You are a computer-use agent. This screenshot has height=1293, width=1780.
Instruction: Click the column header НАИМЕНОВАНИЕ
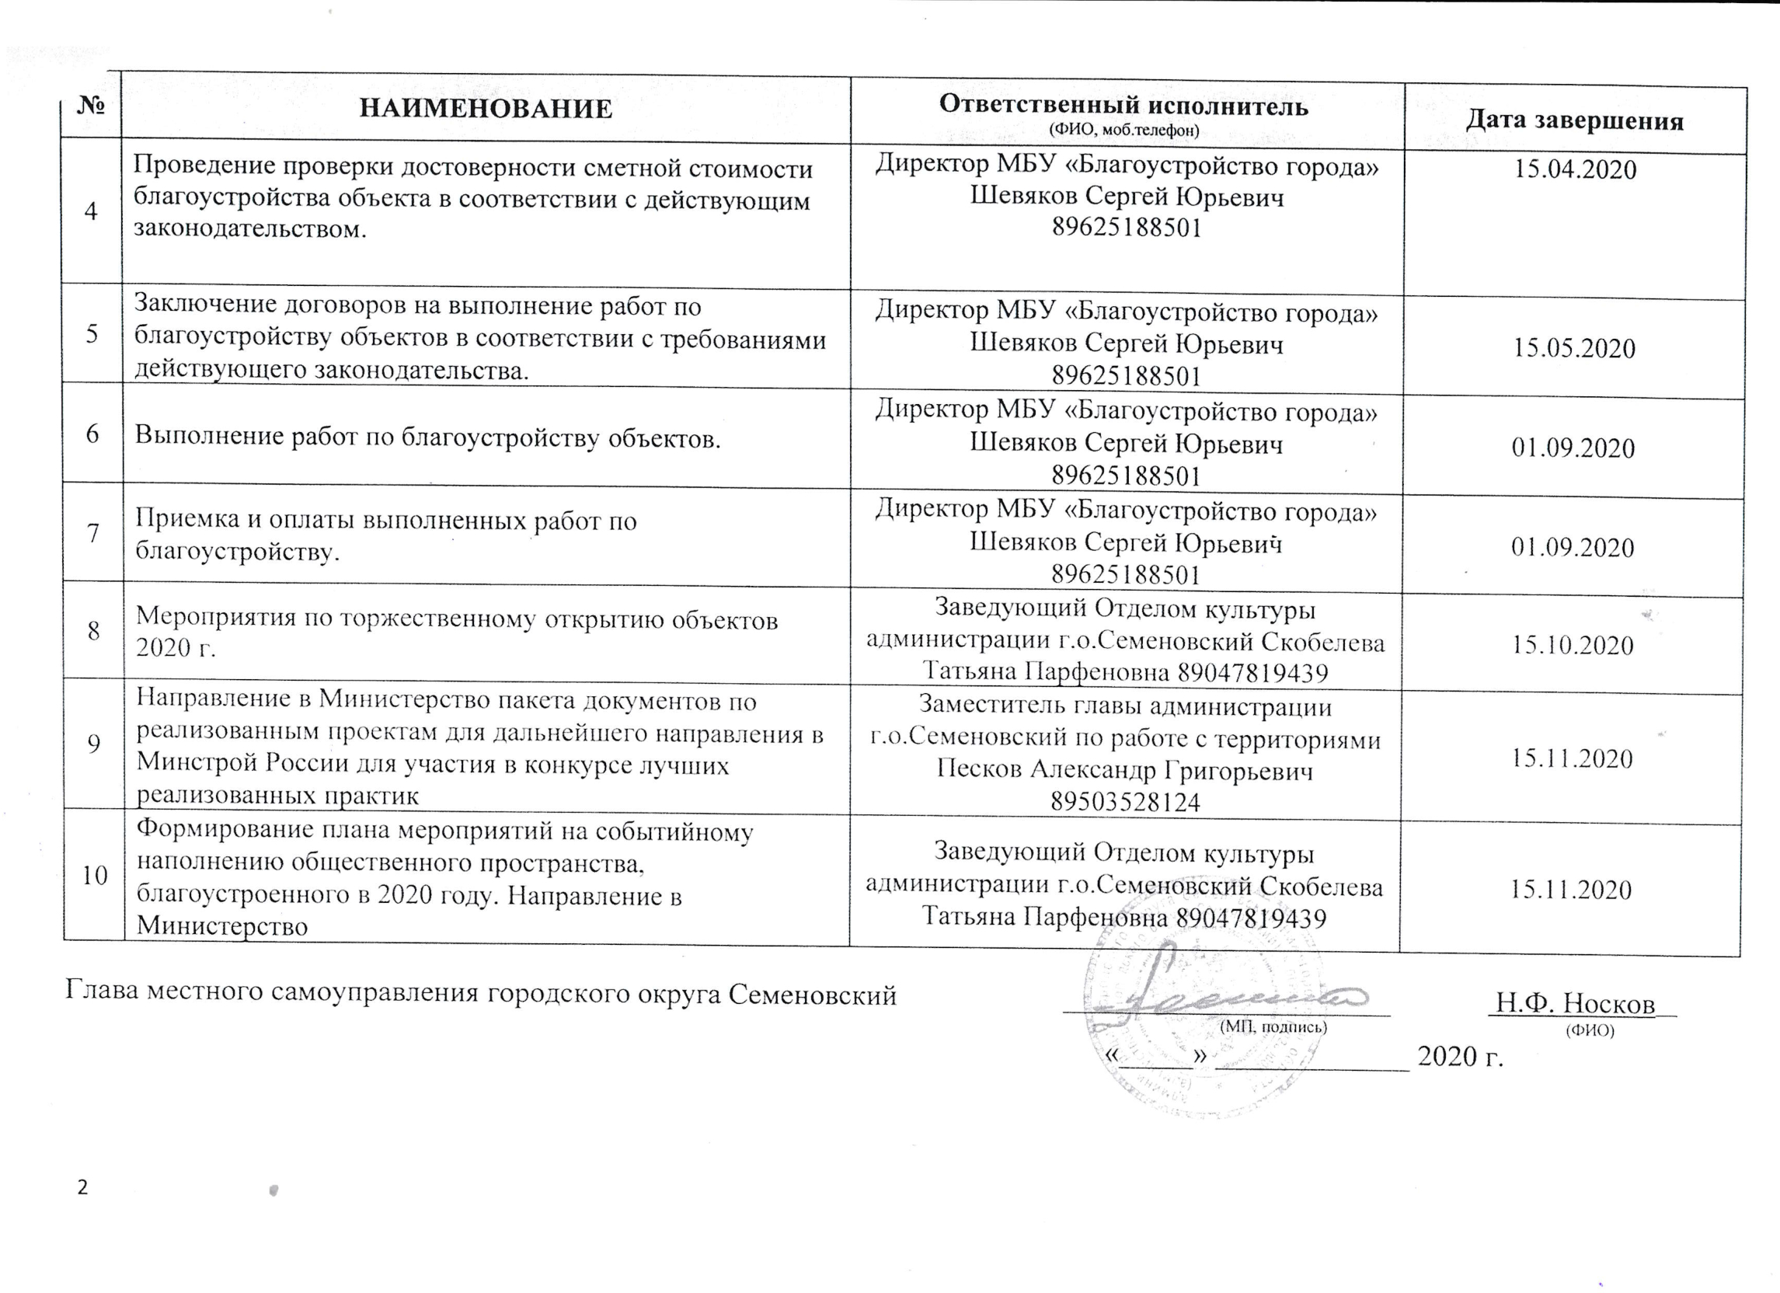click(486, 108)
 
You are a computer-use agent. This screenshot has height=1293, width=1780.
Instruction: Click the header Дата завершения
click(1575, 121)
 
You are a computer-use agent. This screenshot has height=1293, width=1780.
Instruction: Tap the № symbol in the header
click(91, 106)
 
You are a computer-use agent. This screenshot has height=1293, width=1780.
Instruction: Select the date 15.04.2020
click(1574, 169)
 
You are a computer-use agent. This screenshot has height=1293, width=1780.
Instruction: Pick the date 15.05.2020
click(1573, 348)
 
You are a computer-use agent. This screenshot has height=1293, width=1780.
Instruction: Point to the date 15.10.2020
click(1573, 645)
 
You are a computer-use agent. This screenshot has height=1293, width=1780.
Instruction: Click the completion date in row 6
click(1573, 448)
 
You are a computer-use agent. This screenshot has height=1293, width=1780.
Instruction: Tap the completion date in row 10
click(1571, 890)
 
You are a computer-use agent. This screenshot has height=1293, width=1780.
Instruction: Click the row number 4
click(92, 211)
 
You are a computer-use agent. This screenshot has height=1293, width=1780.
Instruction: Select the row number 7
click(93, 533)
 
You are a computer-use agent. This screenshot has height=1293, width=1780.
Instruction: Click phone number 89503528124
click(1126, 802)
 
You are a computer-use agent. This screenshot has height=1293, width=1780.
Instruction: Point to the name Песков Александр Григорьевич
click(1125, 771)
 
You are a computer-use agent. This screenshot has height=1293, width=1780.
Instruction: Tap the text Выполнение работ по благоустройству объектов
click(428, 438)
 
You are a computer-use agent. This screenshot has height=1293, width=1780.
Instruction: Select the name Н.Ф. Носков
click(1574, 1003)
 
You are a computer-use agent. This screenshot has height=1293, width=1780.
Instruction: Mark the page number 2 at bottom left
click(82, 1188)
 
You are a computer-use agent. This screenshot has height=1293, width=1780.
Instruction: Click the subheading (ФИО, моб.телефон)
click(1124, 131)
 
